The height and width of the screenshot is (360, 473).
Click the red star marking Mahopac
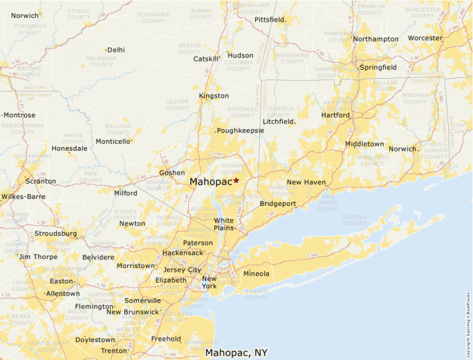[x=236, y=180]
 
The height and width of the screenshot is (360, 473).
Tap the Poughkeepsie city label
[x=241, y=131]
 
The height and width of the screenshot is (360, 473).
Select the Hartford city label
[x=335, y=115]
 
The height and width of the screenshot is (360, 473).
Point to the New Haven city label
[x=306, y=182]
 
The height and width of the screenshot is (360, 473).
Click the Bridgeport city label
[x=278, y=204]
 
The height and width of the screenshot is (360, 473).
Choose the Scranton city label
[x=40, y=181]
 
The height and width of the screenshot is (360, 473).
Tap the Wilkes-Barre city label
[x=24, y=196]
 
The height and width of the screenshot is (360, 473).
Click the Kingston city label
[x=214, y=96]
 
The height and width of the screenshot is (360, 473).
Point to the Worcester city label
[x=425, y=38]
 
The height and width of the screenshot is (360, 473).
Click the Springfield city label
[x=378, y=68]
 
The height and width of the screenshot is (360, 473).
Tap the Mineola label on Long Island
[x=257, y=274]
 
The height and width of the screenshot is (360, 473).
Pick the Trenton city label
[x=114, y=351]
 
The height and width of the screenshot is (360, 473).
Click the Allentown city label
[x=62, y=294]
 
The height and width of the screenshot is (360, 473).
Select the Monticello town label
[x=113, y=142]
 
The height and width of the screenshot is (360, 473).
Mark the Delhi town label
[x=116, y=50]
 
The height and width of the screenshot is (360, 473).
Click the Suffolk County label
[x=354, y=220]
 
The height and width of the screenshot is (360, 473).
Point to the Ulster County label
[x=178, y=104]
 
